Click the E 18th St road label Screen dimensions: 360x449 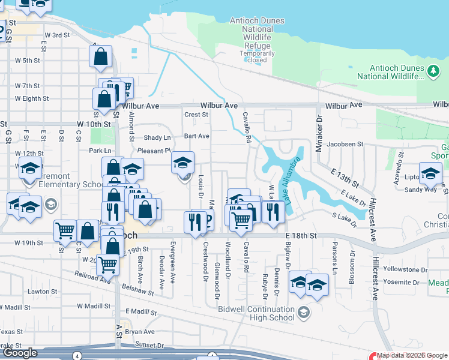(301, 237)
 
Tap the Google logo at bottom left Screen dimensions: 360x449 (20, 353)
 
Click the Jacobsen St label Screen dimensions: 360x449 (345, 144)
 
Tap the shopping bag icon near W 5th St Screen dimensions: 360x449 (101, 57)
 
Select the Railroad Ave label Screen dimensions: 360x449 (92, 277)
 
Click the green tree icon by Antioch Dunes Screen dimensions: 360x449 (433, 72)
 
